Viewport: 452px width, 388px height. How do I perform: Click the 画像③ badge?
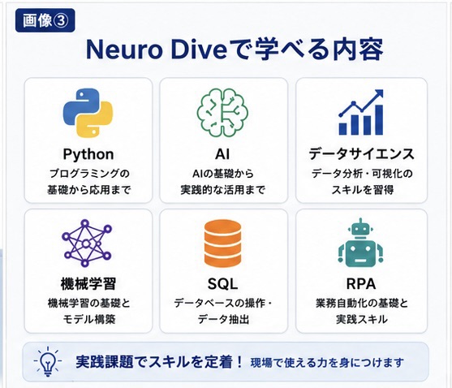(45, 20)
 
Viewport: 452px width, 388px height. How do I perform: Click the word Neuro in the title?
(124, 50)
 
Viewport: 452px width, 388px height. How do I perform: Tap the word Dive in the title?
(199, 50)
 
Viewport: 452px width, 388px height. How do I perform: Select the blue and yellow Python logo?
(88, 113)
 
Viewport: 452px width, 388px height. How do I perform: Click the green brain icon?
(222, 112)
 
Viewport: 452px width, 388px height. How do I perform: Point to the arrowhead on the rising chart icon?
(378, 93)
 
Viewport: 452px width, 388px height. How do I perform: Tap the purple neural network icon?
(87, 243)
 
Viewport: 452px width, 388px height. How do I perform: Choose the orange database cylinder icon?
(222, 244)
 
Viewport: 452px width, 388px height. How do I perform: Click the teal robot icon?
(360, 243)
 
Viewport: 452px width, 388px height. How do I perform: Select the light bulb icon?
(48, 361)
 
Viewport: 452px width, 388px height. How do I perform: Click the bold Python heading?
(88, 154)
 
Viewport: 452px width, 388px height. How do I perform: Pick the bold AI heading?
(222, 154)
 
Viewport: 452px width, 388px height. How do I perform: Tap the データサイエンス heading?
(361, 154)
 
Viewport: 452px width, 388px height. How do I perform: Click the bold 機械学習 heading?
(88, 284)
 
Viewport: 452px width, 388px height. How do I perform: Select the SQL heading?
(222, 284)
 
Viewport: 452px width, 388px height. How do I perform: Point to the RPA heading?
(361, 284)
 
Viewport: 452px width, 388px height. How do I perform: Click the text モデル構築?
(89, 319)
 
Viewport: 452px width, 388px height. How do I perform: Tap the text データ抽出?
(223, 319)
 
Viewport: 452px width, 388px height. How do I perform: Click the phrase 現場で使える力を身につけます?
(327, 363)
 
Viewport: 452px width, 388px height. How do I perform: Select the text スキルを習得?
(363, 190)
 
